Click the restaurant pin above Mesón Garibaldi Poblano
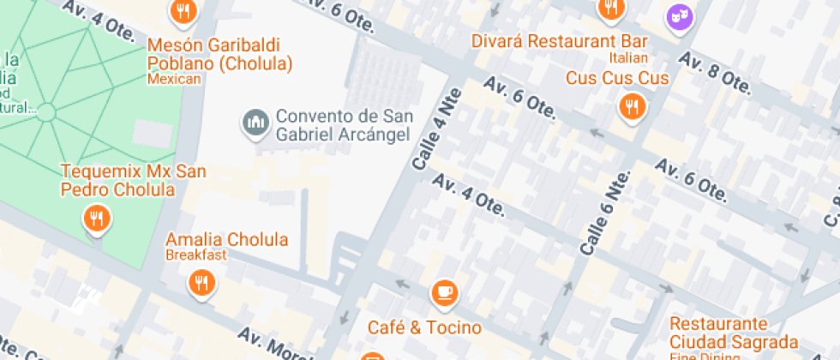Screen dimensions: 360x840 click(183, 12)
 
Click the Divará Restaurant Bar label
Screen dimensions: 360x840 click(559, 41)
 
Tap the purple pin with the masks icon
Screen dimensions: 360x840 click(680, 16)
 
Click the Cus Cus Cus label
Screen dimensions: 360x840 click(617, 78)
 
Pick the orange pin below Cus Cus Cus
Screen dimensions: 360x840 click(632, 107)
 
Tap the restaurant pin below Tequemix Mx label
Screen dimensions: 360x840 click(97, 219)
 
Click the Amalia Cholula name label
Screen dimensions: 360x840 click(226, 239)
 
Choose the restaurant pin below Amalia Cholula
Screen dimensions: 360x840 click(201, 281)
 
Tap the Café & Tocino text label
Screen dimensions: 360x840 click(424, 327)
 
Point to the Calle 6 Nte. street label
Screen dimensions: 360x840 click(605, 211)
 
